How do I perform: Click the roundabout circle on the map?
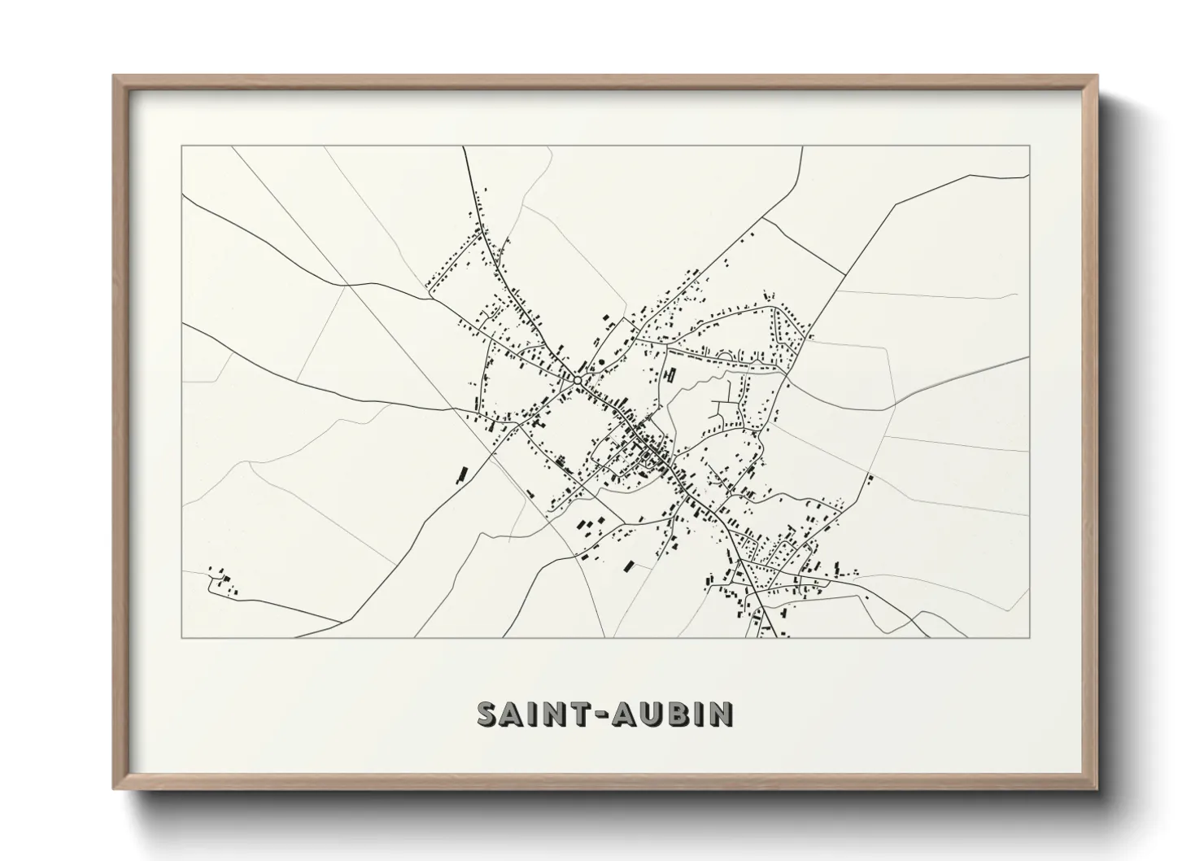[x=577, y=379]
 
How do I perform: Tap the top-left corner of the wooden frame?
[x=115, y=77]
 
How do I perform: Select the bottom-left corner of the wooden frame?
[x=115, y=789]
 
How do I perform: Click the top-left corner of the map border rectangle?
[x=182, y=146]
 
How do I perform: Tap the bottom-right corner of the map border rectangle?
[x=1029, y=637]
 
